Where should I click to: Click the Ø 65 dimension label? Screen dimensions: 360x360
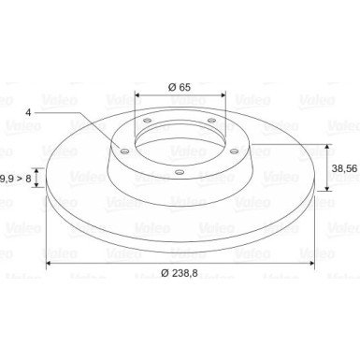click(x=179, y=87)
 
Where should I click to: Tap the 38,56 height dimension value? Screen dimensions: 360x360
click(x=343, y=168)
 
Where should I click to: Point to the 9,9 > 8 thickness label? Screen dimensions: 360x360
click(x=15, y=177)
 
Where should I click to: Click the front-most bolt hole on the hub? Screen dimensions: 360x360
click(x=178, y=172)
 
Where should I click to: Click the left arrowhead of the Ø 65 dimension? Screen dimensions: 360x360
click(x=138, y=94)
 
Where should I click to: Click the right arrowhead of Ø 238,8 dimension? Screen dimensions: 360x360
click(x=311, y=265)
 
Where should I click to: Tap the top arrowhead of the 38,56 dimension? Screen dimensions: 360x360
click(x=327, y=148)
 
